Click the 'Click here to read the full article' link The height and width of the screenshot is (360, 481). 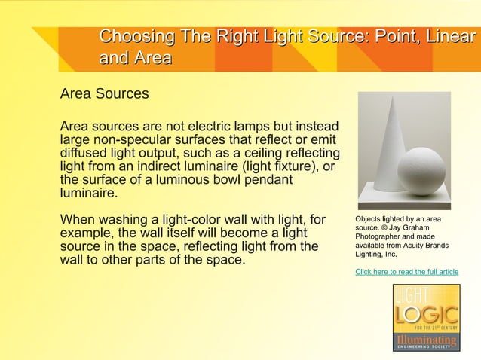(406, 271)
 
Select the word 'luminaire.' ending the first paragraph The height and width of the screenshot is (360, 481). (88, 193)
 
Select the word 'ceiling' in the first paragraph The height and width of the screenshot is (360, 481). (256, 152)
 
